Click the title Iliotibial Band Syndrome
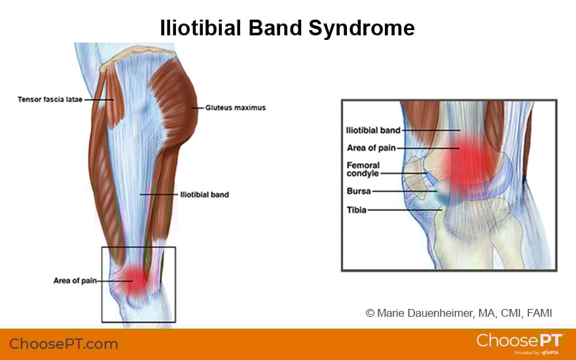point(287,28)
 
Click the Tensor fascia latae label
point(50,100)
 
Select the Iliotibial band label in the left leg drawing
point(204,195)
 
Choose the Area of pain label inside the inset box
point(371,148)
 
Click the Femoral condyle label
point(363,170)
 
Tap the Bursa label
point(359,191)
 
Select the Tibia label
point(357,210)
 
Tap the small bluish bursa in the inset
point(443,191)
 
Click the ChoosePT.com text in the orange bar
point(63,344)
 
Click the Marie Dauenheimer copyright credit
point(459,314)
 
